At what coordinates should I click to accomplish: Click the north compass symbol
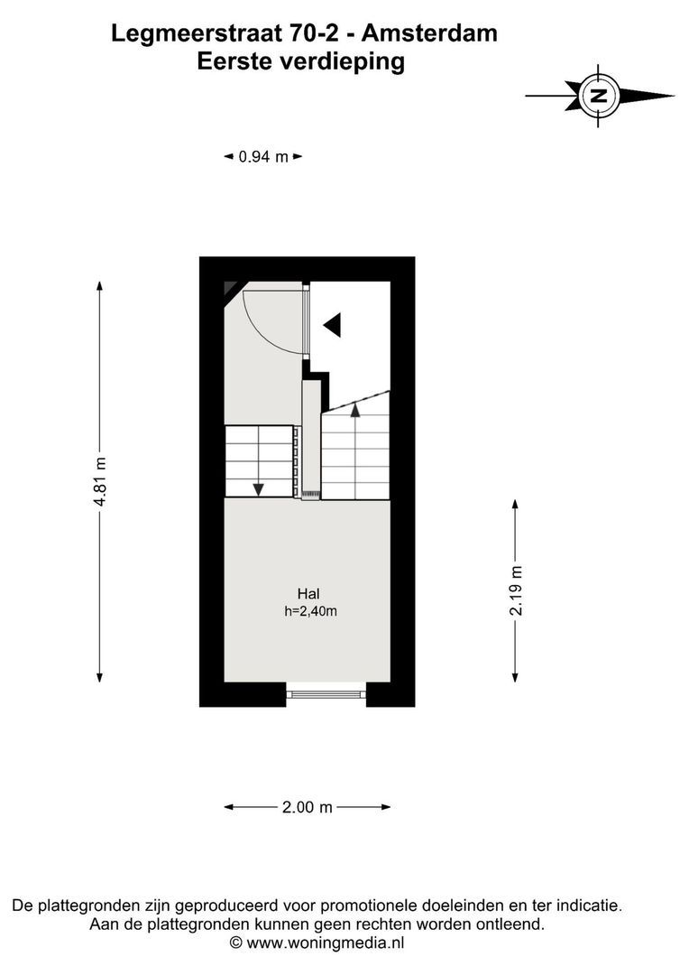click(598, 95)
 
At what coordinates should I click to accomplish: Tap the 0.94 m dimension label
click(262, 157)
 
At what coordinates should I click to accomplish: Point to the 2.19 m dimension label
click(516, 590)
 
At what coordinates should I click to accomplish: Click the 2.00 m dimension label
click(307, 807)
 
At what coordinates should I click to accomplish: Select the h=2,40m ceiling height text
click(310, 611)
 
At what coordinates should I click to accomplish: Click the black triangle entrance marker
click(333, 324)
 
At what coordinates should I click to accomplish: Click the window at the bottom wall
click(326, 693)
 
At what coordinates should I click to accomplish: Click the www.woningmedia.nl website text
click(325, 942)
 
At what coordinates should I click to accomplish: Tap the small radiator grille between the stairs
click(311, 494)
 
